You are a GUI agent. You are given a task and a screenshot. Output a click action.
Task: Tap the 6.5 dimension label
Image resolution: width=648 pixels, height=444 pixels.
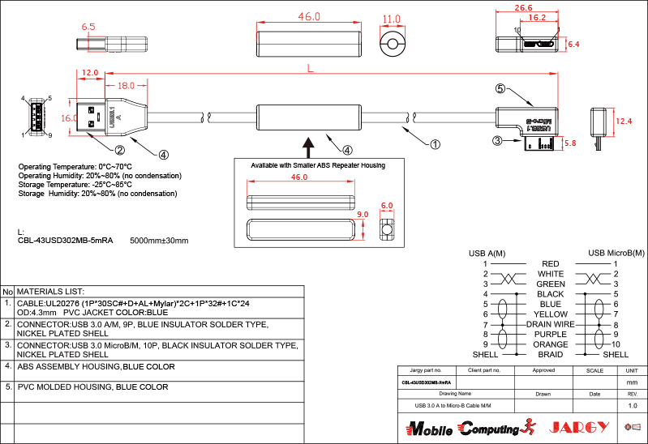point(88,27)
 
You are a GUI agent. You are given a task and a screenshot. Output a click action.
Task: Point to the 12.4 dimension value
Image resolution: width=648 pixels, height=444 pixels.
point(624,121)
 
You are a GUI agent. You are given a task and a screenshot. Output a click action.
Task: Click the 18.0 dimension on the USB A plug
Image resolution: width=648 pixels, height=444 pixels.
point(127,85)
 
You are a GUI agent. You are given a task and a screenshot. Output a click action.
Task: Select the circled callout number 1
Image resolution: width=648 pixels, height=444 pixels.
point(434,145)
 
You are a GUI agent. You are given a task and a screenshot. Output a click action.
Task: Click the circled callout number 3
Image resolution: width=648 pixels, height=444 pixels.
point(498,140)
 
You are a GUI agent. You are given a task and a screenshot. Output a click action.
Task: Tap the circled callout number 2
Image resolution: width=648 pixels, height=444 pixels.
point(119,149)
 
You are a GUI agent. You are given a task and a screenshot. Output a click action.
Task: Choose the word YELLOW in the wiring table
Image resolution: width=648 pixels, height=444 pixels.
point(551,314)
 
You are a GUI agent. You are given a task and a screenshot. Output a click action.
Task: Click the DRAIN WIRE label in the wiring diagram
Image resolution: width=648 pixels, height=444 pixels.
point(551,324)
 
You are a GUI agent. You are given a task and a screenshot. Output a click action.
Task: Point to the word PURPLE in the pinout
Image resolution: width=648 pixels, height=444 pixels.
point(551,334)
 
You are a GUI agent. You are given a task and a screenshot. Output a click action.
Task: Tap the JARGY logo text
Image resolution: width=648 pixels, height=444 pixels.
point(579,427)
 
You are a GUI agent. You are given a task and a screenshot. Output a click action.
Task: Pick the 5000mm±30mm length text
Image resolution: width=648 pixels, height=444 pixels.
point(159,241)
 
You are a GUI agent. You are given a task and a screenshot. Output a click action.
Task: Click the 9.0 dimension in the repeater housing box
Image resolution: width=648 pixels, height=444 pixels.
point(363,214)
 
